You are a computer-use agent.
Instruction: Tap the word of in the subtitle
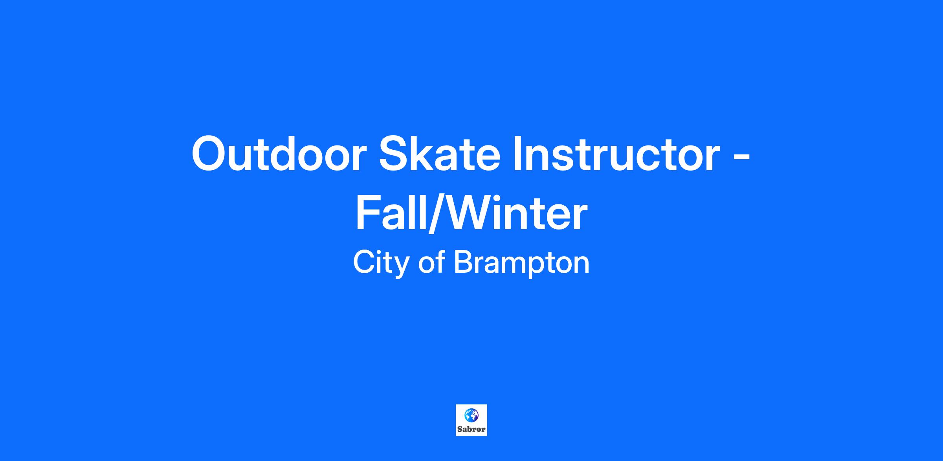431,263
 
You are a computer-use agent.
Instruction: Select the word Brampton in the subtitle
522,264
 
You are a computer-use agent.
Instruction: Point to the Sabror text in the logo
472,429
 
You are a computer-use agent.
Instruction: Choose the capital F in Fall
367,213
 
